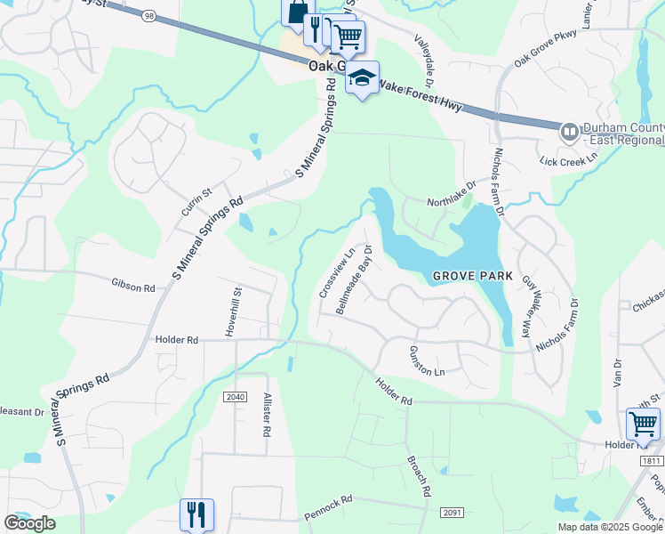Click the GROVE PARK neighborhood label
coord(473,276)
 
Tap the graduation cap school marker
coord(362,78)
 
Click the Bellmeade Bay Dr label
coord(353,279)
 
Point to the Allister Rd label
coord(266,416)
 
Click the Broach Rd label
coord(419,476)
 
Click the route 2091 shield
coord(452,512)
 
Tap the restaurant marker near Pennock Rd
coord(196,514)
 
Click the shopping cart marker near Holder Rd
coord(643,423)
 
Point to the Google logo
coord(29,523)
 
